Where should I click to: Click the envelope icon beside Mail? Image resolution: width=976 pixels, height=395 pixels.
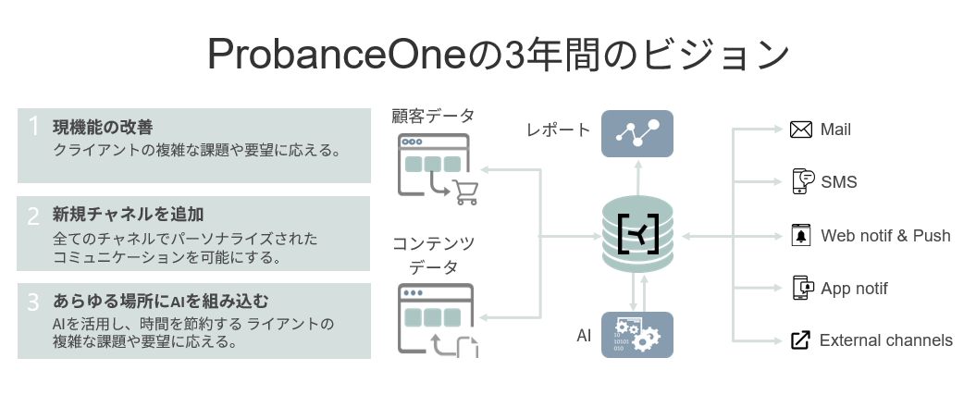800,130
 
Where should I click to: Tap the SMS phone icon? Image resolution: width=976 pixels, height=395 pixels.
803,181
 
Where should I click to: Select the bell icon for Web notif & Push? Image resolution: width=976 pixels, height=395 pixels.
800,236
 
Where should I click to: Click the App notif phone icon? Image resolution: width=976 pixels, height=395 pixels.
803,288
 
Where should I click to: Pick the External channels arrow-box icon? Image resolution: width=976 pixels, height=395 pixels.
800,340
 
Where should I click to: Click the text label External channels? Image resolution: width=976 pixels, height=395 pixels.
885,340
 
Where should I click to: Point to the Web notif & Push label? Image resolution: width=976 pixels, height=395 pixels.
885,236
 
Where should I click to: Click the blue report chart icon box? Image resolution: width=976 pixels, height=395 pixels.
637,134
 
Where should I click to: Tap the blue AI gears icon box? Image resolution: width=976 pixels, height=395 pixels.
637,335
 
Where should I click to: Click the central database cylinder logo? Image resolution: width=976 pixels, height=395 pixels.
638,235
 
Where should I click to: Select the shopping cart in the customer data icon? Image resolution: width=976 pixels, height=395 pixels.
465,192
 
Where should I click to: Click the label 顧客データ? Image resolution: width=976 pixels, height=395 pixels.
433,116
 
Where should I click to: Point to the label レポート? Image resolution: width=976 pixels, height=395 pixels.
558,130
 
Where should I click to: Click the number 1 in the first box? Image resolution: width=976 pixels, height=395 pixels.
33,127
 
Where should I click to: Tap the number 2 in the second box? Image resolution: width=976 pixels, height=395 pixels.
33,216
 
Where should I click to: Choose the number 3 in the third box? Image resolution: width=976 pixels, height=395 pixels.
33,302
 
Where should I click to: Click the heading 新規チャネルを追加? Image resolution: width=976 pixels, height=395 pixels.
129,215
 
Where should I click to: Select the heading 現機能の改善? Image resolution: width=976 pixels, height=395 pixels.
103,128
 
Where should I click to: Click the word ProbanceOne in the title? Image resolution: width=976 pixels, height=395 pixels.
336,54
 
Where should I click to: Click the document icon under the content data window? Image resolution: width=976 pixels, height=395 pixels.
467,347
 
